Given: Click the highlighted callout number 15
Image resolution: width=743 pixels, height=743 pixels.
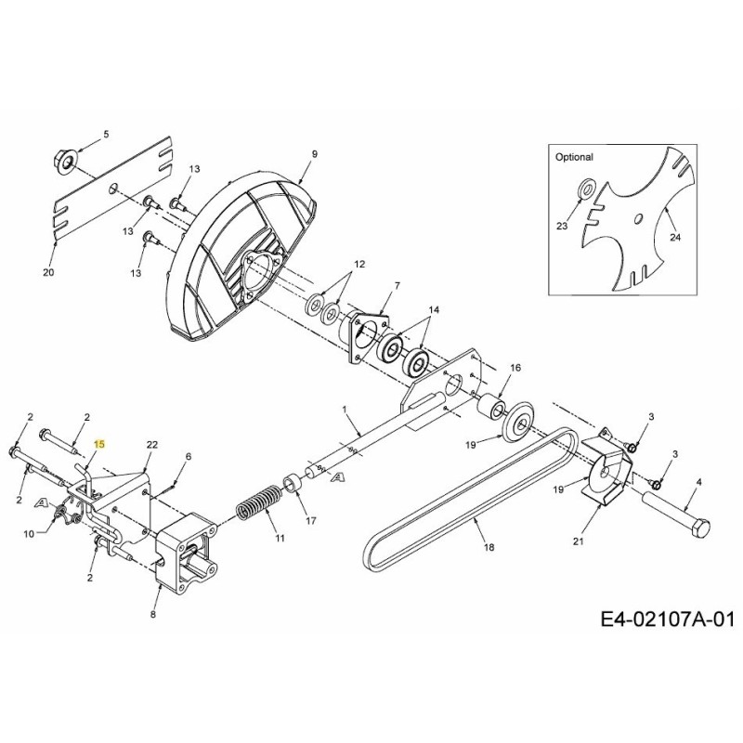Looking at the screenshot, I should tap(100, 445).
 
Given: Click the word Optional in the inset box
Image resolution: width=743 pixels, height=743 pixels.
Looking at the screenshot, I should tap(574, 158).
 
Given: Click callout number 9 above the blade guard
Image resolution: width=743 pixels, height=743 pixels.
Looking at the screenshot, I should tap(314, 153).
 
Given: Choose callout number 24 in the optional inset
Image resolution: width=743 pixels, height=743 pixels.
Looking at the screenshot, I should tap(675, 238).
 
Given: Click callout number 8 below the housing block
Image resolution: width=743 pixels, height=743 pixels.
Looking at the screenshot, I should tap(152, 615).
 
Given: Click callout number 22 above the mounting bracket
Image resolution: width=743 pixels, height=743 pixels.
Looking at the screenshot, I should tap(152, 446).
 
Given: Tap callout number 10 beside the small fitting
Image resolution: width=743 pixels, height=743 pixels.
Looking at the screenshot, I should tap(28, 533).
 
